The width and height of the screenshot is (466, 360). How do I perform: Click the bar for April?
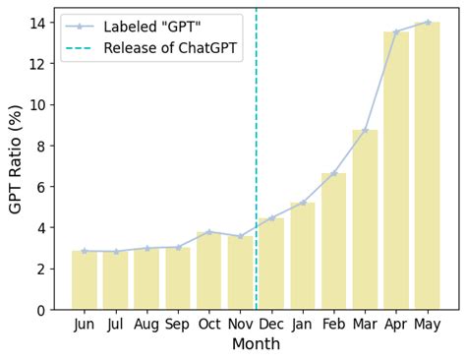point(396,171)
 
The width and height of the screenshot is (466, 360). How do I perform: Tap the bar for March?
point(365,220)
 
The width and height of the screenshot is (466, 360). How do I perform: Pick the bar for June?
point(85,280)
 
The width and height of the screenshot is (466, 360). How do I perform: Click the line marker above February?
point(333,173)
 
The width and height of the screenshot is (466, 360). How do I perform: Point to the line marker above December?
point(271,218)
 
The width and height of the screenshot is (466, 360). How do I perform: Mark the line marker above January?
point(303,203)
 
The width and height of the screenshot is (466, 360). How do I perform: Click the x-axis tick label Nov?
point(241,324)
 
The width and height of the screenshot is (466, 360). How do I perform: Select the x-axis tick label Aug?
point(146,324)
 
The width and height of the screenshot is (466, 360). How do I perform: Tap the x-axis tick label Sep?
point(178,324)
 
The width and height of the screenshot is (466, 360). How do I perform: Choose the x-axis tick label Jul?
point(116,324)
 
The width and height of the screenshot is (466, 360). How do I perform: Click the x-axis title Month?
point(256,344)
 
